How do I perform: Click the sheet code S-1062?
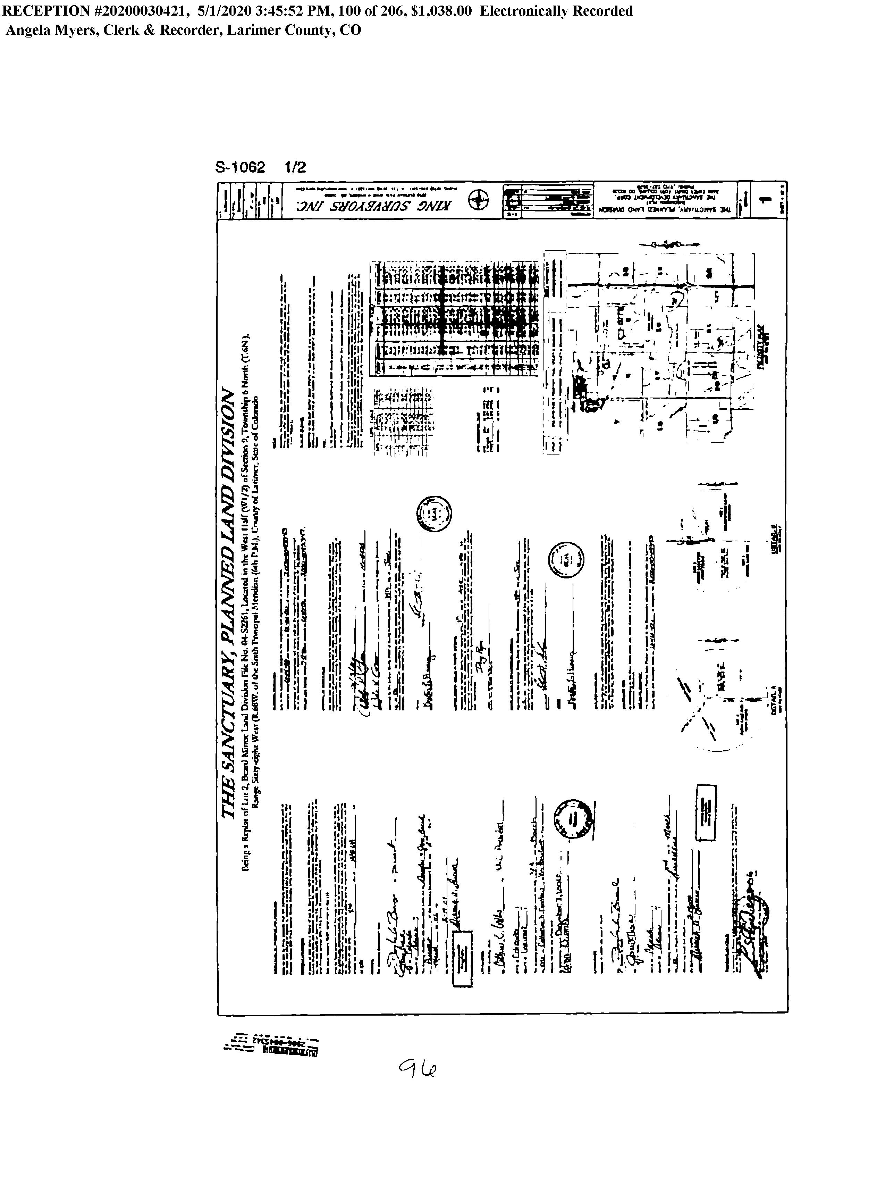pyautogui.click(x=240, y=168)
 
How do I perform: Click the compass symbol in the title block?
pyautogui.click(x=478, y=201)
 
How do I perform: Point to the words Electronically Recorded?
pyautogui.click(x=556, y=11)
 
